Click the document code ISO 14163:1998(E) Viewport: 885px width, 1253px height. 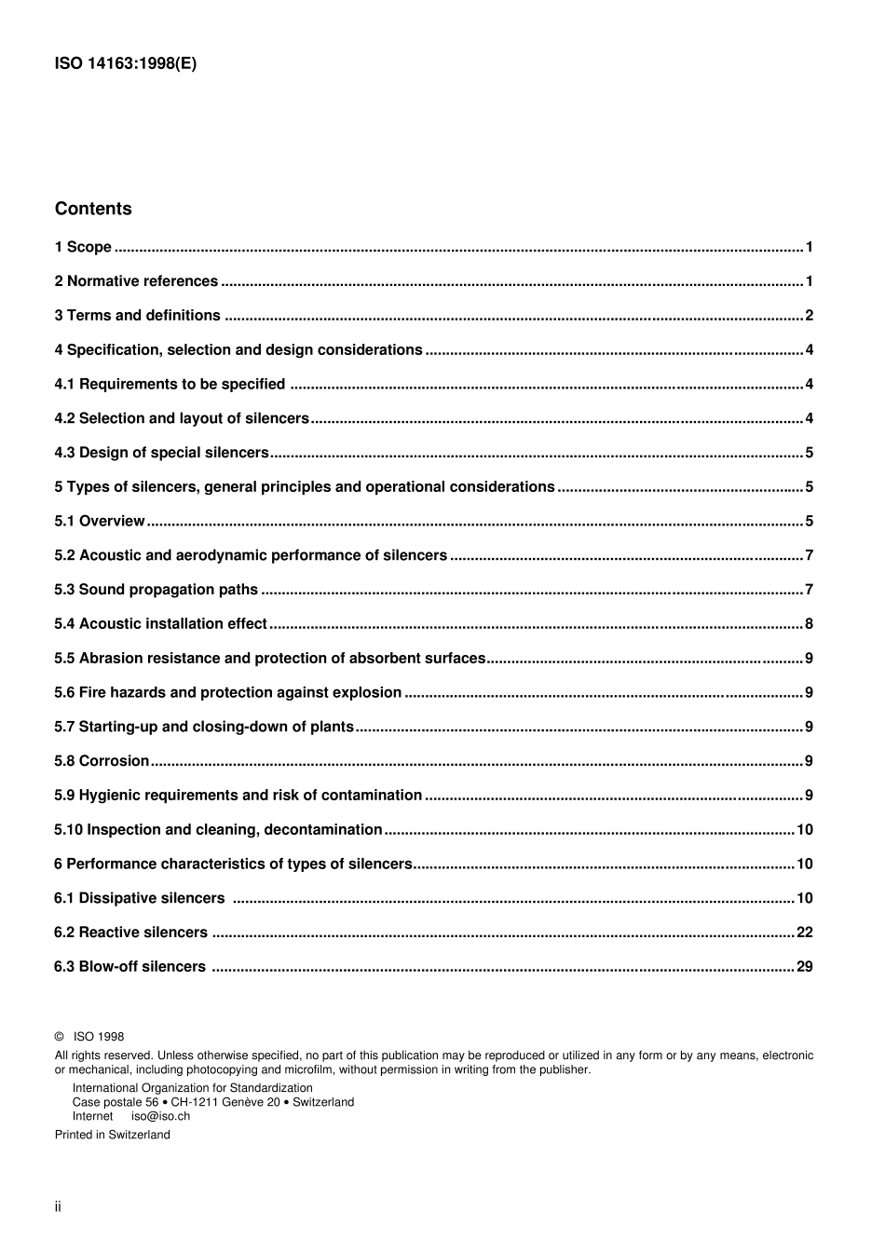pos(126,63)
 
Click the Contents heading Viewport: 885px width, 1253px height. pos(93,209)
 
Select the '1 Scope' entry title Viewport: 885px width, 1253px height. pos(83,247)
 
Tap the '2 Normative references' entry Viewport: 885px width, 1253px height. pos(136,281)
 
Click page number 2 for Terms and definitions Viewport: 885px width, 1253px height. pos(809,316)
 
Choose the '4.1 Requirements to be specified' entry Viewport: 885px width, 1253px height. pos(170,384)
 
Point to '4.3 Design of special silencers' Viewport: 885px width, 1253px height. pos(161,453)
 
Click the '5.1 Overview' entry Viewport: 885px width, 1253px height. pos(100,521)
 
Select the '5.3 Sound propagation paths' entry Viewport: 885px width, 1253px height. pos(156,590)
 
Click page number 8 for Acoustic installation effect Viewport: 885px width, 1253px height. pos(809,624)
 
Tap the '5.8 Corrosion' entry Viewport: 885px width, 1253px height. pos(102,761)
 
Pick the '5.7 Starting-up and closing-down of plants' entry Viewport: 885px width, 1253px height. pos(204,727)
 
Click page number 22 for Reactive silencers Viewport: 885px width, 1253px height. pos(805,933)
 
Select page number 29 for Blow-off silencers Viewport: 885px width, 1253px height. pos(805,967)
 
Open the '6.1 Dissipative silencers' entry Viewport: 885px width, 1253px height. pos(140,898)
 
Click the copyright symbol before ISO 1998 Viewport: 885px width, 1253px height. pos(60,1037)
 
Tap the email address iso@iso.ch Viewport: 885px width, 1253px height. pos(160,1116)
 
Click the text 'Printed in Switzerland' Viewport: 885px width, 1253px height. pos(113,1135)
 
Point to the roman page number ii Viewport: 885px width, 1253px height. pos(58,1207)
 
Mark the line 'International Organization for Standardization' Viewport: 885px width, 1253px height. pos(193,1088)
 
